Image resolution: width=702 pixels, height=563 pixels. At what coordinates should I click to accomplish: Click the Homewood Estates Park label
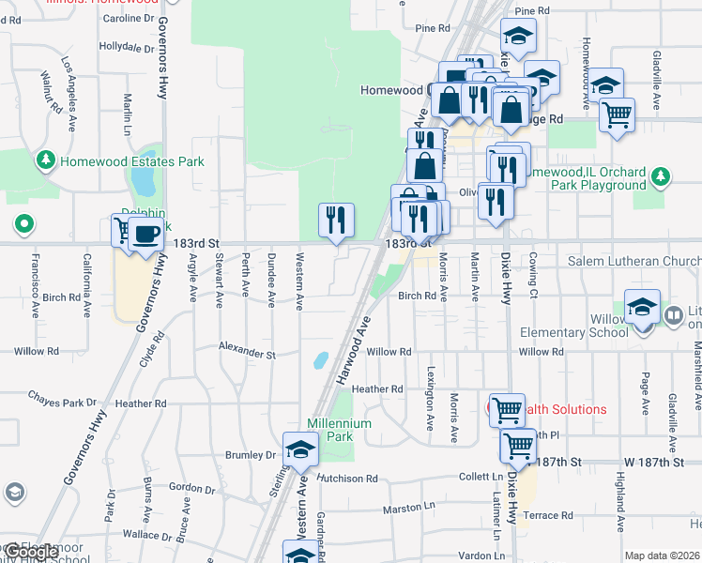click(x=131, y=161)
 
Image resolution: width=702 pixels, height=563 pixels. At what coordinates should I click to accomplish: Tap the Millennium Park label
click(x=340, y=430)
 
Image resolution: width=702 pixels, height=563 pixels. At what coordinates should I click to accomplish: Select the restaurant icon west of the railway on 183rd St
click(x=336, y=221)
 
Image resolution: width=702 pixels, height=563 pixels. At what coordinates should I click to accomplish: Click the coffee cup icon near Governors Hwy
click(x=145, y=235)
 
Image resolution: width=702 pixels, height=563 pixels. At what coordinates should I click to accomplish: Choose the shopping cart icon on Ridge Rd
click(x=617, y=115)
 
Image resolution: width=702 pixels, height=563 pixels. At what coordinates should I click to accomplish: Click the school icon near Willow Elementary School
click(x=642, y=308)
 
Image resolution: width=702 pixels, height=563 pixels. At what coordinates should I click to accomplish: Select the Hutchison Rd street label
click(x=346, y=479)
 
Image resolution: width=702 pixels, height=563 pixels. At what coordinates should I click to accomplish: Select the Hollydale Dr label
click(x=126, y=46)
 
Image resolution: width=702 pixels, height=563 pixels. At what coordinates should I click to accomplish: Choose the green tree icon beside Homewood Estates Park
click(x=46, y=161)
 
